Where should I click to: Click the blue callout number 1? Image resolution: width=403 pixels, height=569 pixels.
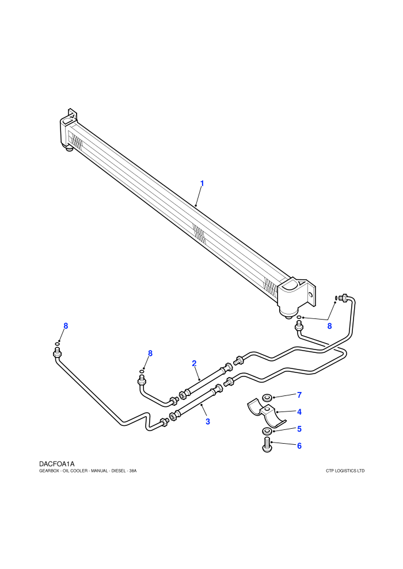coord(202,183)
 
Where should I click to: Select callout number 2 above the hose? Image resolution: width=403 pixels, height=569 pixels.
coord(194,363)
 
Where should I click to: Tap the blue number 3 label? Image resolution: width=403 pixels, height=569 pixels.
coord(208,422)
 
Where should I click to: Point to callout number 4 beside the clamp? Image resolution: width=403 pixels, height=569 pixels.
coord(299,412)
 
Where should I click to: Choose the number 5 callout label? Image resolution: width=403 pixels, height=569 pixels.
coord(299,429)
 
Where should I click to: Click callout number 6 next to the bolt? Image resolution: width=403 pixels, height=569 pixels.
coord(299,445)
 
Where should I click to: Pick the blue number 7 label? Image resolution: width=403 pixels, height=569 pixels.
coord(299,395)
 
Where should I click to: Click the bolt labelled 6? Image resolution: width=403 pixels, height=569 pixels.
coord(267,445)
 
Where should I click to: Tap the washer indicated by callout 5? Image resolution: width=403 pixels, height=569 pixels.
coord(267,430)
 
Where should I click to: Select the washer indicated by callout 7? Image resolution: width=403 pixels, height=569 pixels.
coord(267,396)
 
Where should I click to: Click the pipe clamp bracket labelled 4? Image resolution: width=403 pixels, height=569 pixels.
coord(267,414)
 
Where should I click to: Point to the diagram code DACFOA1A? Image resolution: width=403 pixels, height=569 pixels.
coord(56,464)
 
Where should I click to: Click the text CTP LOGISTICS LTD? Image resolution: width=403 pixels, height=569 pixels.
coord(345,471)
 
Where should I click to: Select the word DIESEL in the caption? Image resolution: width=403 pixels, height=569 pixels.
coord(118,471)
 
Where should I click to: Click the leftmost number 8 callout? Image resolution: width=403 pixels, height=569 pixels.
coord(66,326)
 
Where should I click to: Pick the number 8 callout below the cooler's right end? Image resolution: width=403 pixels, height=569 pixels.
coord(329,326)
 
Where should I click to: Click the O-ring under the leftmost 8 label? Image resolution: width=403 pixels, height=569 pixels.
coord(58,344)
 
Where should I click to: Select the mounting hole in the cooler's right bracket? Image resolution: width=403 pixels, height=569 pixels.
coord(310,295)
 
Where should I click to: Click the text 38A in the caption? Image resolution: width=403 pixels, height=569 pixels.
coord(132,471)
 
